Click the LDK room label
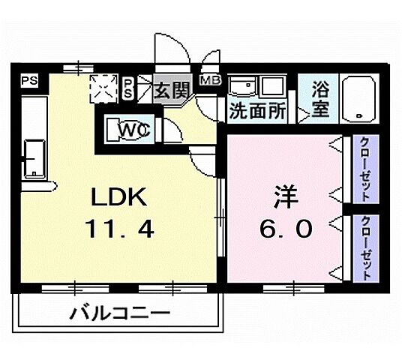pos(123,199)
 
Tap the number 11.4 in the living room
pos(123,228)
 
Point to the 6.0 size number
pos(286,228)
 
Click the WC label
pos(135,130)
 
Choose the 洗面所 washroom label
pos(257,112)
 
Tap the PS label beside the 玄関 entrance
pos(128,87)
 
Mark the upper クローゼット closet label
pos(364,170)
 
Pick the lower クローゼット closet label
pos(364,247)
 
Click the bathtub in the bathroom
pos(363,99)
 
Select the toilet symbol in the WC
pos(119,130)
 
